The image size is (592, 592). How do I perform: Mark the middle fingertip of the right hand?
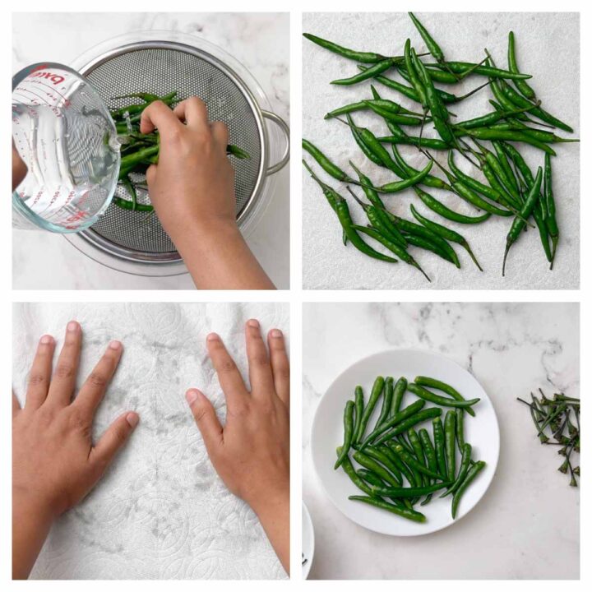pos(253,326)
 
